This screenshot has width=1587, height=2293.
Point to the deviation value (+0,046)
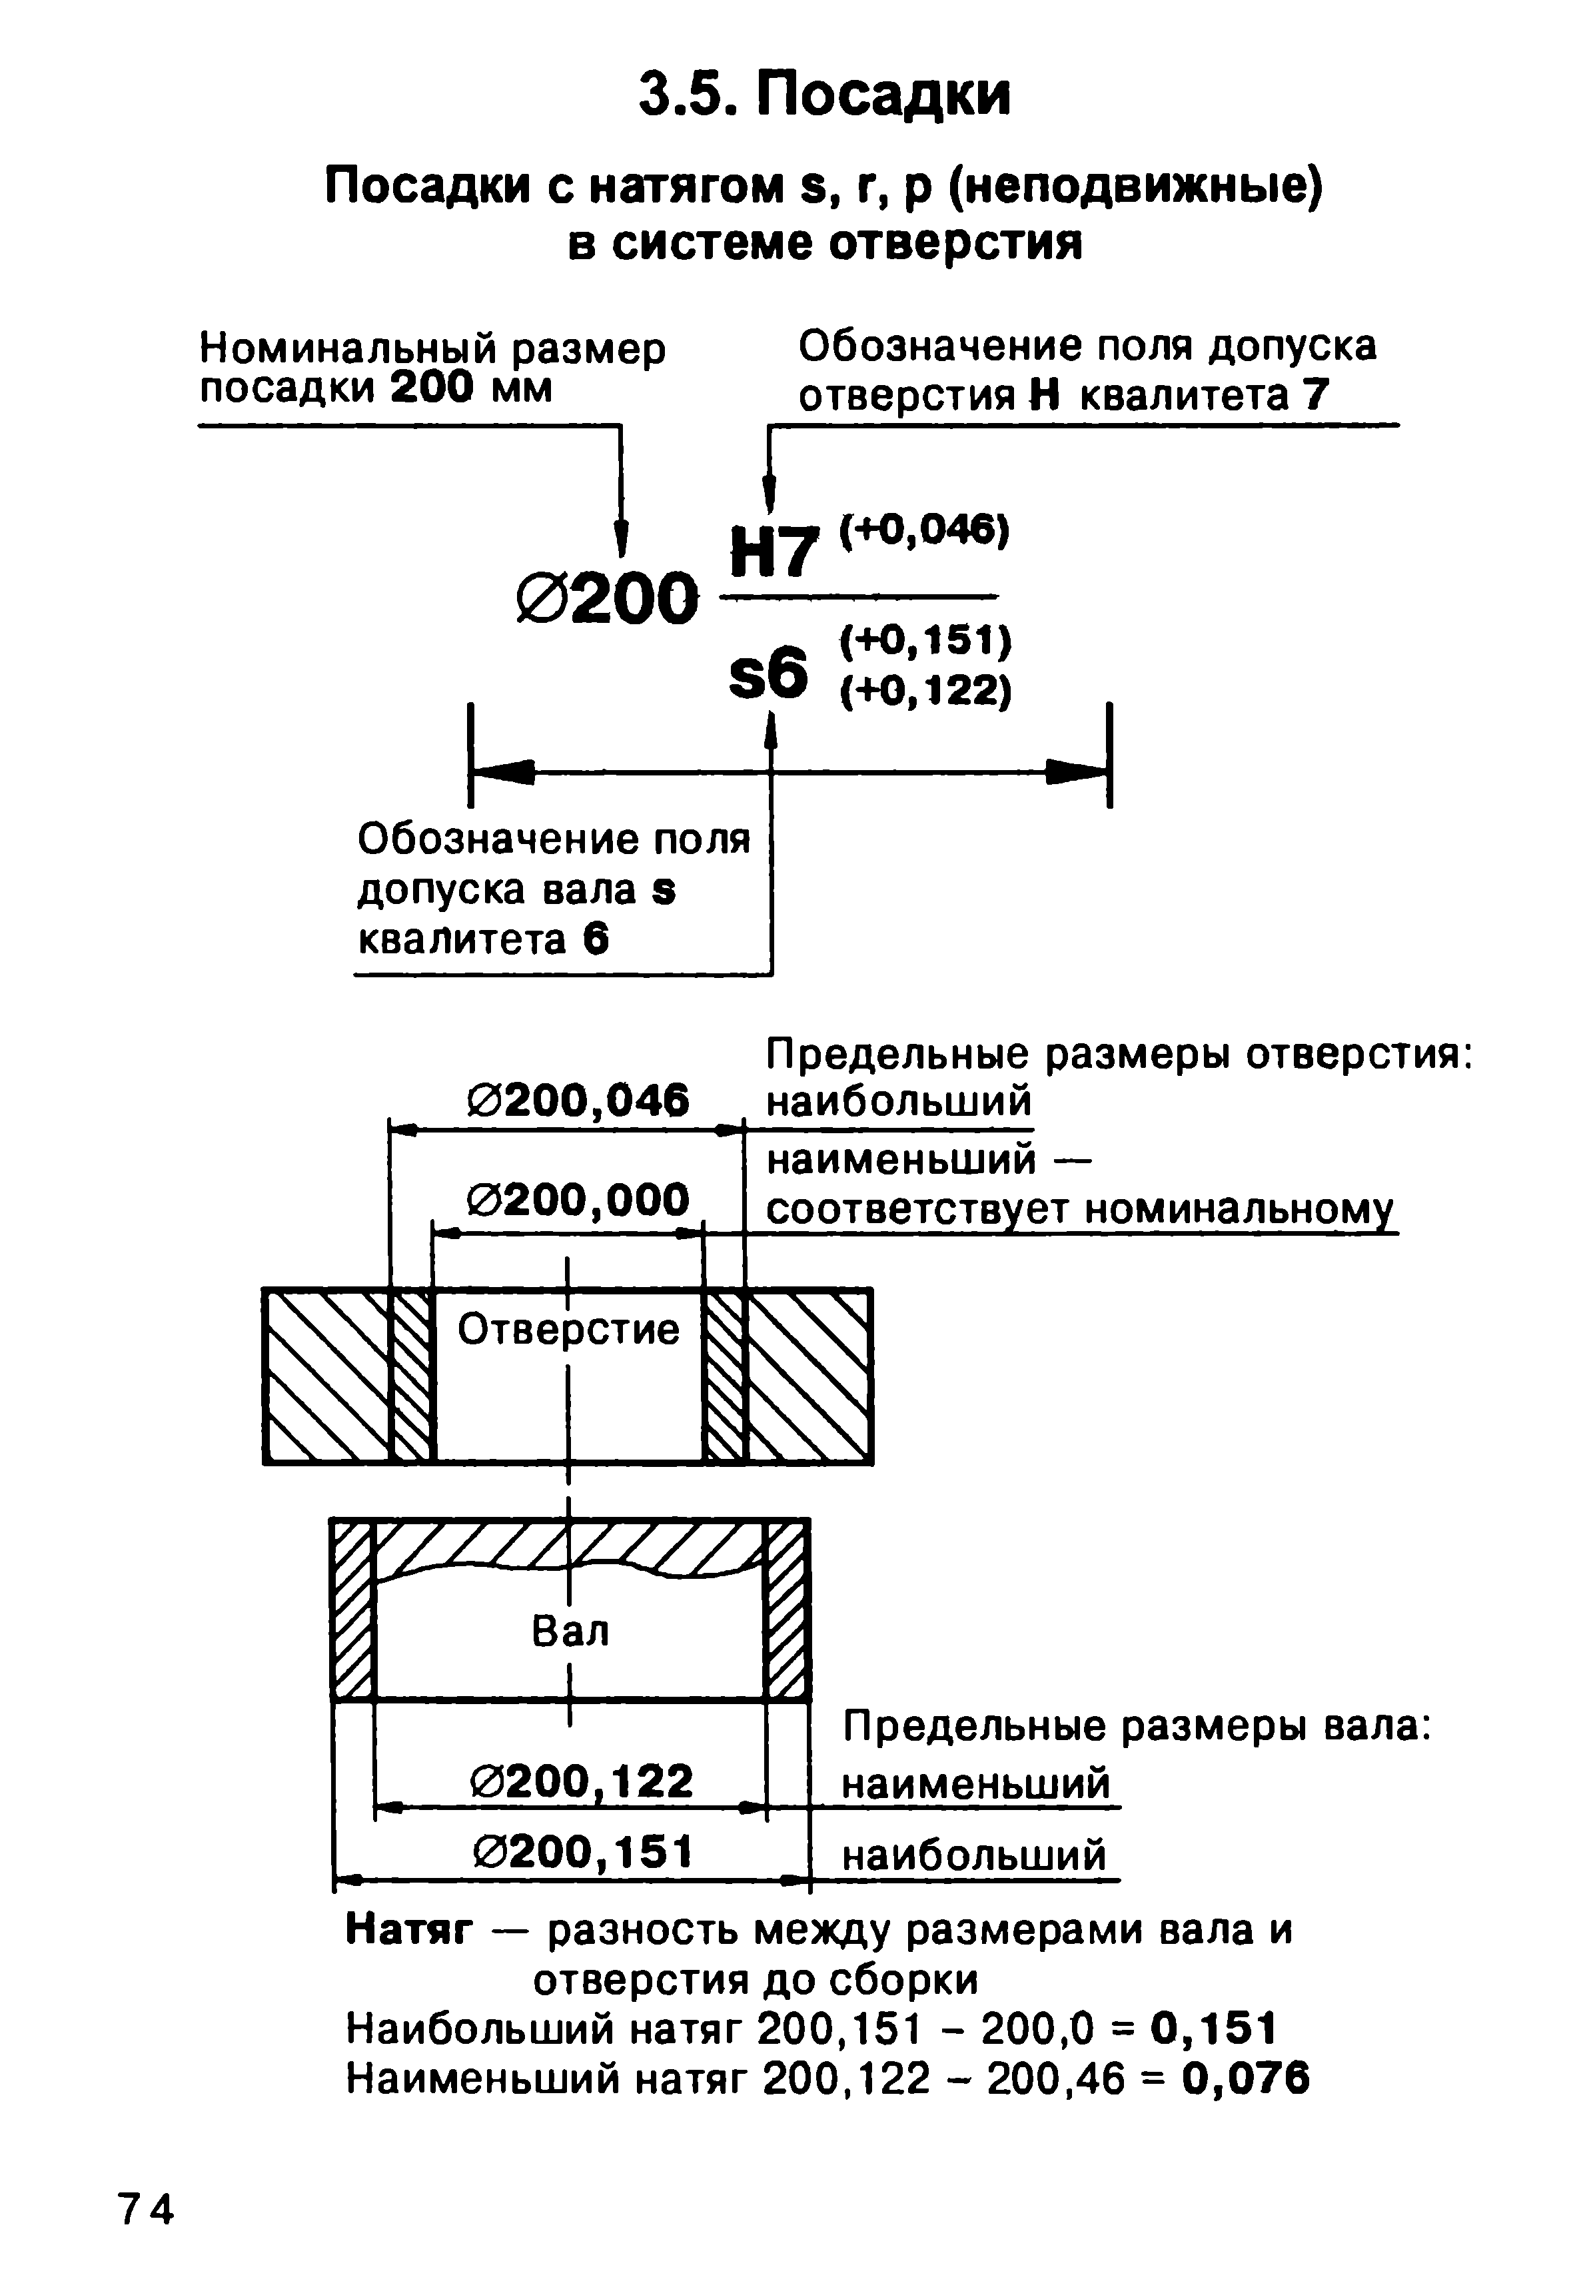(x=925, y=530)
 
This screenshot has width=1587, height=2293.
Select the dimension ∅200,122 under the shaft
(x=582, y=1780)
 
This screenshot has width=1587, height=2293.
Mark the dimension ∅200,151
(x=582, y=1851)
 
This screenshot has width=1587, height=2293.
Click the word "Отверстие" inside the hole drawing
(x=569, y=1330)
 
